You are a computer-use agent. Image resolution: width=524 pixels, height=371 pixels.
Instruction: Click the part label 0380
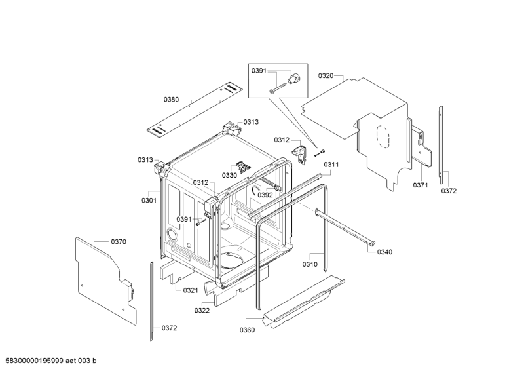171,100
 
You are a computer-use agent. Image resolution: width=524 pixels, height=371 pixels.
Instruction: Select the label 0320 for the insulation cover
326,76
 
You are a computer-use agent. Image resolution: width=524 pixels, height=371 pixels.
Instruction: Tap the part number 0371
420,185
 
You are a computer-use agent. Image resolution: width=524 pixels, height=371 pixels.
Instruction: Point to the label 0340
384,252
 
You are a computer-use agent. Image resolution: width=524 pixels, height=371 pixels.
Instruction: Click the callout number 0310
310,264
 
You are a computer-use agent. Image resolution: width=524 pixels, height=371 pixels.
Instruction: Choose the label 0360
247,330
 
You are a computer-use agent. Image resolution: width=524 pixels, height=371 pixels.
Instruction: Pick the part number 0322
202,311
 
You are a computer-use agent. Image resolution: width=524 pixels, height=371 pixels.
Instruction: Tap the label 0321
191,290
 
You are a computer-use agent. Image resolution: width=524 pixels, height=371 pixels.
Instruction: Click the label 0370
119,241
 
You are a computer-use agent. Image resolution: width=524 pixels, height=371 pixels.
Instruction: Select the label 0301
149,201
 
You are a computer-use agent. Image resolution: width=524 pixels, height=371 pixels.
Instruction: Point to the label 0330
229,175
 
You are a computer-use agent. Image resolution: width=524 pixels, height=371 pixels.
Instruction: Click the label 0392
265,195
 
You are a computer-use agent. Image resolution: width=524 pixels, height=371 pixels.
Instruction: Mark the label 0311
331,165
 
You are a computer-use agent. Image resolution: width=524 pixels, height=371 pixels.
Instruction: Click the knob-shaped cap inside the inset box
294,79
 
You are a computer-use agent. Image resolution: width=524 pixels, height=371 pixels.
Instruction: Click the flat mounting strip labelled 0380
195,111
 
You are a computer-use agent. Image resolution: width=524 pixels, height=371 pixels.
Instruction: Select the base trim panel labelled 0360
304,300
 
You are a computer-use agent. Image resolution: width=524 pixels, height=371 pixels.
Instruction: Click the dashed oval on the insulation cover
383,136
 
